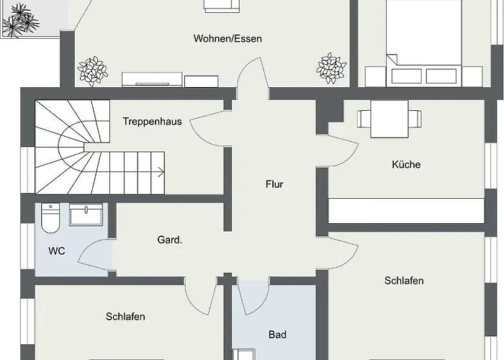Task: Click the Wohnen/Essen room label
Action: pos(228,39)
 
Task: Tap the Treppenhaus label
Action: pos(153,122)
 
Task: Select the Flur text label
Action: pos(274,184)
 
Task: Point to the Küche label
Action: pos(406,165)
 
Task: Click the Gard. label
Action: pos(170,240)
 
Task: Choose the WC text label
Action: pos(57,251)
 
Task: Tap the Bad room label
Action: pos(277,335)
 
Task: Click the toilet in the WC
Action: pos(50,217)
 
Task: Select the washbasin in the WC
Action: pos(86,214)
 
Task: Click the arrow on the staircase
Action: pos(161,173)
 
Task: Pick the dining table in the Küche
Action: pos(390,120)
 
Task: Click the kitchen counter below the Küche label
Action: pos(406,210)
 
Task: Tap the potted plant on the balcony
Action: pos(21,21)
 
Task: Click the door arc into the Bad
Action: pos(255,297)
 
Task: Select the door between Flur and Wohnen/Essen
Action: pos(253,78)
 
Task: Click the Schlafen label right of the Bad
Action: pos(404,281)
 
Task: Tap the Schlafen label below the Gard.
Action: pos(125,317)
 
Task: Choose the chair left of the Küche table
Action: pos(364,119)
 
